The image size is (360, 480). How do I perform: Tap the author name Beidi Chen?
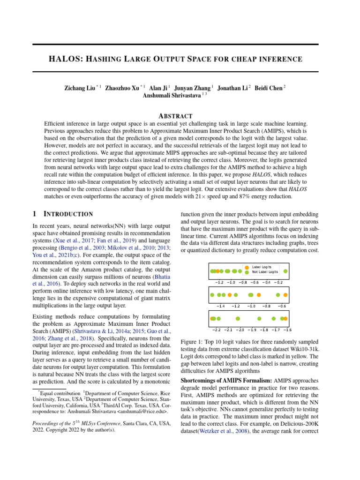[269, 87]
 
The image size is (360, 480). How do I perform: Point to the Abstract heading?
[175, 116]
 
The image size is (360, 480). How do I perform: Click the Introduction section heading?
[68, 214]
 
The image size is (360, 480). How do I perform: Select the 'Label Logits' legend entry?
[262, 267]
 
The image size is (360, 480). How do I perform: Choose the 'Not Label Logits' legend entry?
[265, 271]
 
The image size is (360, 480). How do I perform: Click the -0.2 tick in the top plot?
[277, 282]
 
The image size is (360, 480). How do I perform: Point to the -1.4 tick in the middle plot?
[220, 306]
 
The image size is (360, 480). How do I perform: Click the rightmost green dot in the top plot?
[286, 271]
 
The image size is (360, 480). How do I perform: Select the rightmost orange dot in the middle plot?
[285, 295]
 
